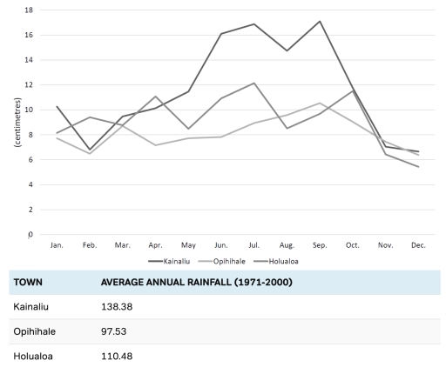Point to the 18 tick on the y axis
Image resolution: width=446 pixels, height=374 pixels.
pyautogui.click(x=29, y=10)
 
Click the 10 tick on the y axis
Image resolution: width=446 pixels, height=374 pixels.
pyautogui.click(x=29, y=110)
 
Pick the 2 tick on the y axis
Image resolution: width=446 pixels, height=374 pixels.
pyautogui.click(x=30, y=210)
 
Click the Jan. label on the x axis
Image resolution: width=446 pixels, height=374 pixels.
pyautogui.click(x=57, y=246)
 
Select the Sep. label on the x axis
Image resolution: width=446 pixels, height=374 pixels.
pyautogui.click(x=321, y=246)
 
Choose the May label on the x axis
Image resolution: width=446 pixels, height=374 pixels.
pyautogui.click(x=188, y=246)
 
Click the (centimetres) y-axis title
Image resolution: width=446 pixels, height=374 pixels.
pyautogui.click(x=18, y=123)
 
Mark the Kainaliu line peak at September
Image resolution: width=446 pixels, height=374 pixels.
pyautogui.click(x=321, y=21)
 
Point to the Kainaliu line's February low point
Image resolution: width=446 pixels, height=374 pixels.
pyautogui.click(x=90, y=150)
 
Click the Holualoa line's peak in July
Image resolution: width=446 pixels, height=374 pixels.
pyautogui.click(x=254, y=83)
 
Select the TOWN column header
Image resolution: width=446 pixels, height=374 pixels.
pyautogui.click(x=30, y=282)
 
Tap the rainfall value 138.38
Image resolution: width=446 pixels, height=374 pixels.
pyautogui.click(x=118, y=307)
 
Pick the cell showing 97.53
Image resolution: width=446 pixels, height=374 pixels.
pyautogui.click(x=116, y=331)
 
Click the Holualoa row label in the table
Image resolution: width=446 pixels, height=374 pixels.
pyautogui.click(x=33, y=356)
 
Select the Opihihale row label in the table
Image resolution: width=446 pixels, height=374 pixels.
pyautogui.click(x=35, y=331)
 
